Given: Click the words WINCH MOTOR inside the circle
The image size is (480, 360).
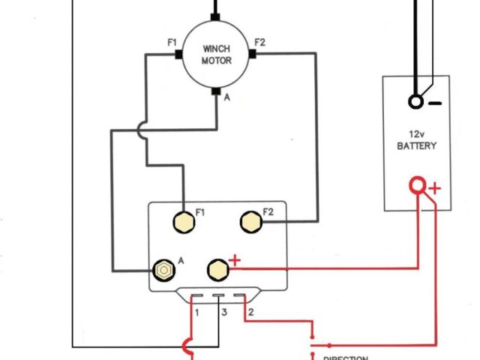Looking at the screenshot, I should (216, 54).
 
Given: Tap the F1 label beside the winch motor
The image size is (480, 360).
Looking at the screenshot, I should (172, 43).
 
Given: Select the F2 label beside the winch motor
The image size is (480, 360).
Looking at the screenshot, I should (259, 42).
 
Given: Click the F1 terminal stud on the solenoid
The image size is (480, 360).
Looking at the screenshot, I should (182, 222).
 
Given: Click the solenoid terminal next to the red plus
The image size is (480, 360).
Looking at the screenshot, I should (217, 268).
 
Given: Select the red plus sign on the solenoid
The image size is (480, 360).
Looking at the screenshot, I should (235, 260).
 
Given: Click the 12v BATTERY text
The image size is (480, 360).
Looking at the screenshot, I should (416, 139).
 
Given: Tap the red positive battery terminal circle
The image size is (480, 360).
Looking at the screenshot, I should (416, 185).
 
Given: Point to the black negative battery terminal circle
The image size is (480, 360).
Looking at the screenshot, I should (415, 101).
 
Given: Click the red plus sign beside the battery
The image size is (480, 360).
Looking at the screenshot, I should (435, 189).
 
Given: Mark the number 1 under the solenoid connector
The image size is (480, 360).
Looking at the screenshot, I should (196, 310).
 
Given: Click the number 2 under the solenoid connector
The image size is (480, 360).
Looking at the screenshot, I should (251, 310).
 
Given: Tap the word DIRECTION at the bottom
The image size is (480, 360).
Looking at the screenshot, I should (345, 358).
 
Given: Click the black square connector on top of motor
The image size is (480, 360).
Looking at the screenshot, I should (216, 16).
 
